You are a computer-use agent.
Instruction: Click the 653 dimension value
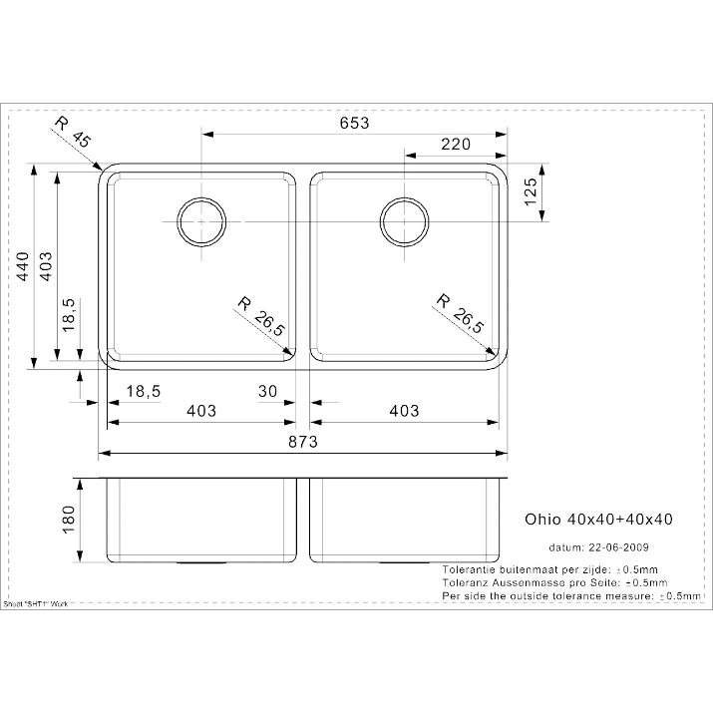pyautogui.click(x=355, y=123)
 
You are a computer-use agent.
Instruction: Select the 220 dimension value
pyautogui.click(x=456, y=145)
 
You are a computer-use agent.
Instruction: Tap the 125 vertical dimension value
pyautogui.click(x=531, y=191)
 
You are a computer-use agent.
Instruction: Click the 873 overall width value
pyautogui.click(x=303, y=441)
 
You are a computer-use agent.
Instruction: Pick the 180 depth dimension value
pyautogui.click(x=68, y=520)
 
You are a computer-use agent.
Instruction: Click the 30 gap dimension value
pyautogui.click(x=267, y=391)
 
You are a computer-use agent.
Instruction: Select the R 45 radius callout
pyautogui.click(x=73, y=132)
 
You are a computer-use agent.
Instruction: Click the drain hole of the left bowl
pyautogui.click(x=201, y=222)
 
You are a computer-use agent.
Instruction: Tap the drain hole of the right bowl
pyautogui.click(x=404, y=222)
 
